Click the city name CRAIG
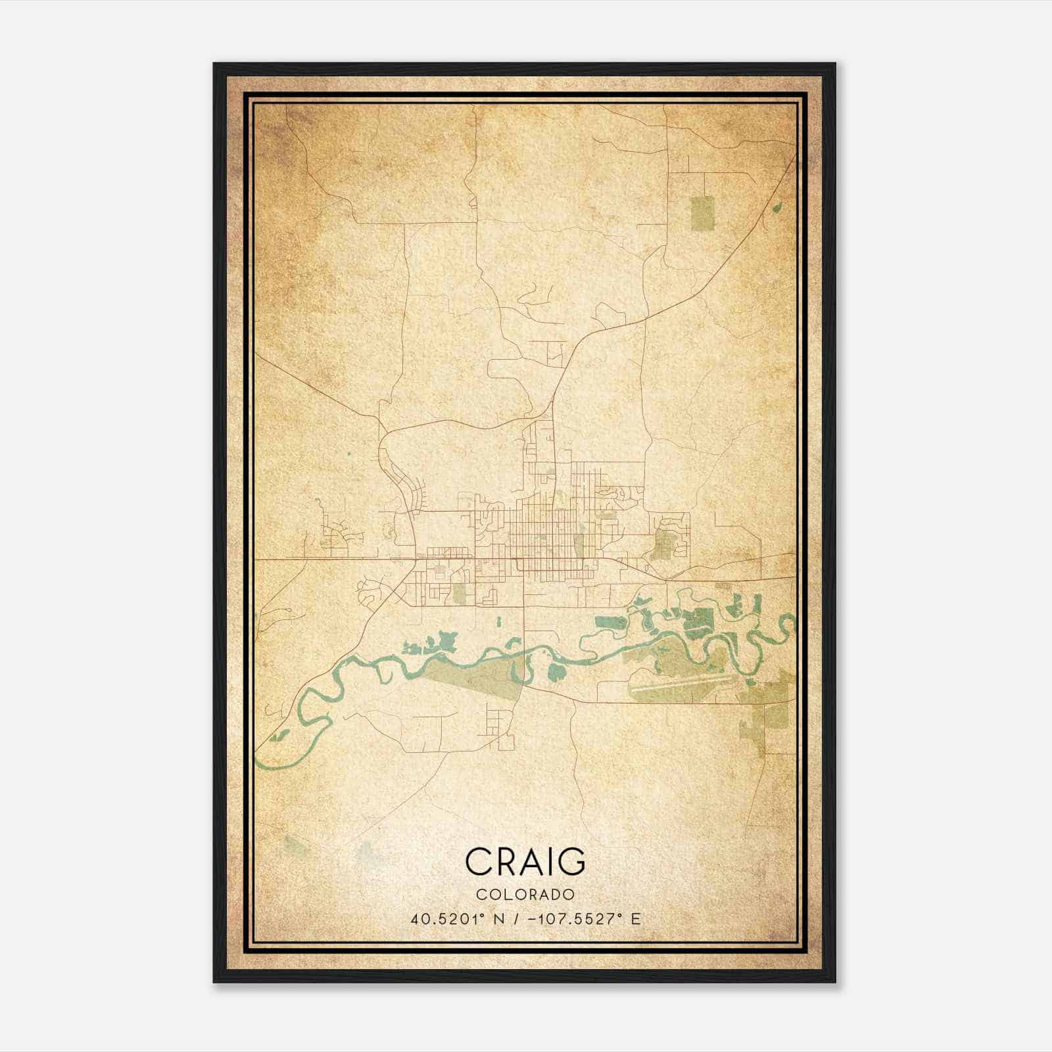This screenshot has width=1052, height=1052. point(525,861)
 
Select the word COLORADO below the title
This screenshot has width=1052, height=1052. point(525,894)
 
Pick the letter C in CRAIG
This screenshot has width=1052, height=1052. point(479,861)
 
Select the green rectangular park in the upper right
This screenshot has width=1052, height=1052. point(702,212)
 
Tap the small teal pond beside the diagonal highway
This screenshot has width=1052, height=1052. point(778,206)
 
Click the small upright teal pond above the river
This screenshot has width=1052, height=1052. point(499,621)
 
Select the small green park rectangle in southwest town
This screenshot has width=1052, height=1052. point(458,593)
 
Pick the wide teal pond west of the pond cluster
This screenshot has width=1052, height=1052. point(611,623)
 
